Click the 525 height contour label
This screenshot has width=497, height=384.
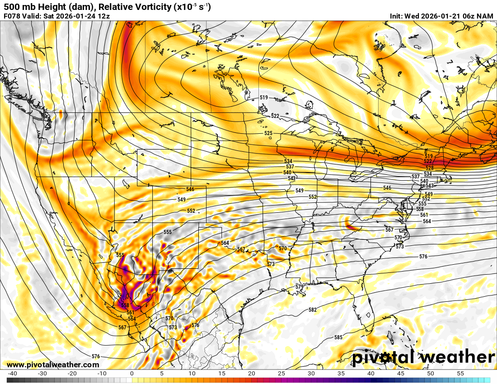[x=268, y=133]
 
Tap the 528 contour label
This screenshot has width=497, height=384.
[x=429, y=168]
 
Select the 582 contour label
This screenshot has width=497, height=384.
[x=313, y=310]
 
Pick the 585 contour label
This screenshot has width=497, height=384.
[x=338, y=337]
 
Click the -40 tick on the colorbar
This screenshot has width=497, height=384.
[x=12, y=374]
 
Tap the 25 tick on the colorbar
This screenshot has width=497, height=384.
[x=281, y=374]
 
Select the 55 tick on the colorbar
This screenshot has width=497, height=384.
[x=460, y=374]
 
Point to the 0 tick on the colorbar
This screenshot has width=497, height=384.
[x=131, y=374]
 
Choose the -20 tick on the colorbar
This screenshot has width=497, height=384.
[x=72, y=374]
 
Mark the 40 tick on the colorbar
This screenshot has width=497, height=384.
[x=370, y=374]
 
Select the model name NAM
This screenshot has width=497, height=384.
[x=485, y=16]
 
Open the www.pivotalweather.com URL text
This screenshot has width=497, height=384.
[x=53, y=365]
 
